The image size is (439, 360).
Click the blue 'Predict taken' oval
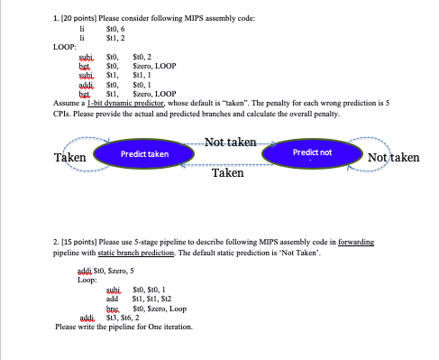pos(144,155)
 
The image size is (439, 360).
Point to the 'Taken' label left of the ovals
pos(70,157)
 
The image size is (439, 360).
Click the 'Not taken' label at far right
pos(393,157)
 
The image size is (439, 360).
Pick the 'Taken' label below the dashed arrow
pos(227,171)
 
